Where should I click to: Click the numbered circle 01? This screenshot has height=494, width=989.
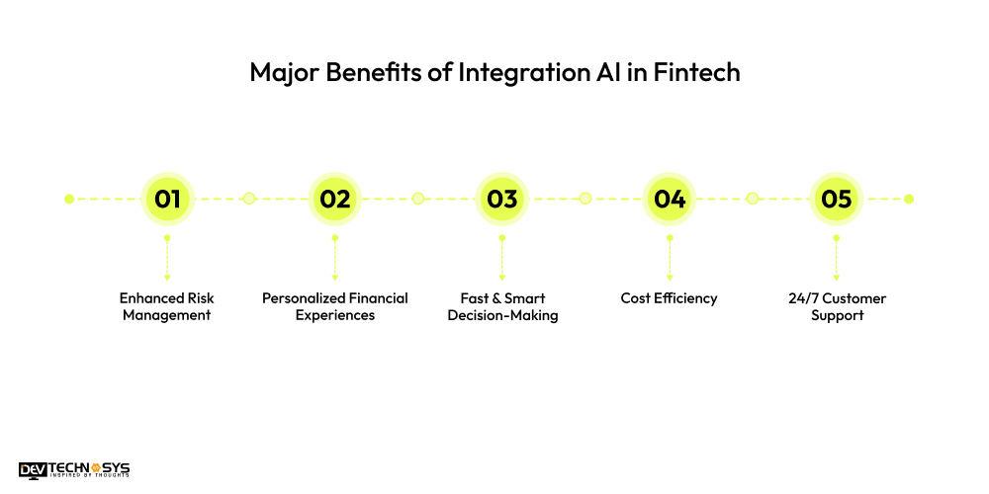point(167,199)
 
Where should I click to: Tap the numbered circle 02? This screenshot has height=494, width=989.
point(334,199)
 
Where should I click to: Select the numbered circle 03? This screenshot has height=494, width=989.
point(501,199)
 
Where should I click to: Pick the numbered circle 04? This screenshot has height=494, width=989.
point(670,199)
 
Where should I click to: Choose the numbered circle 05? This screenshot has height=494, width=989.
point(837,199)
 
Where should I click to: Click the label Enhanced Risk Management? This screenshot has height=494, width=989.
point(167,306)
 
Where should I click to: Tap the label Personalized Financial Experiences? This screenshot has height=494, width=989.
point(334,306)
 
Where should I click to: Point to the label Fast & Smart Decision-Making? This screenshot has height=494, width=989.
point(502,306)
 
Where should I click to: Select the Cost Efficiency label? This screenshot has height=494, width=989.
point(670,297)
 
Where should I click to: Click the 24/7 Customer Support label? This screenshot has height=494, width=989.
point(837,306)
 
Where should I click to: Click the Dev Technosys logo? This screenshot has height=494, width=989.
point(74,470)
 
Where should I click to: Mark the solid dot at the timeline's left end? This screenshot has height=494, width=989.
point(69,199)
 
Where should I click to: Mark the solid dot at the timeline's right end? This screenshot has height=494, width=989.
point(909,199)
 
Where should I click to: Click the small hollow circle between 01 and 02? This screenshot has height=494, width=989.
point(249,199)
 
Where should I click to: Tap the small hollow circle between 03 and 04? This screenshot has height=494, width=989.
point(584,199)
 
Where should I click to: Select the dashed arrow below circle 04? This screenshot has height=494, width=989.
point(670,259)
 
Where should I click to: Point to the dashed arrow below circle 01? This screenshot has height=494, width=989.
point(167,259)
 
